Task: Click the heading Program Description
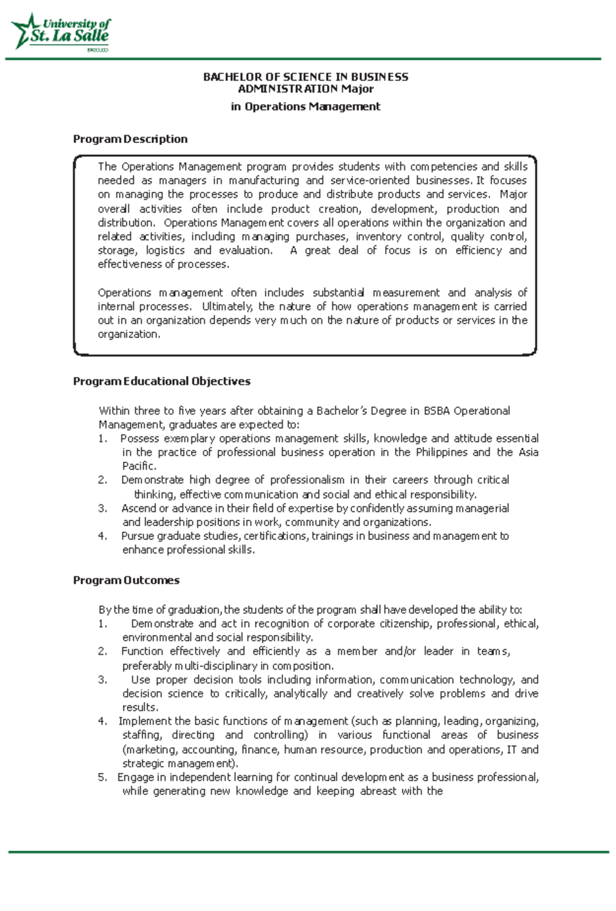click(x=130, y=139)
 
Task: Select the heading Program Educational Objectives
click(x=161, y=381)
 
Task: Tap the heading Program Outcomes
click(x=126, y=580)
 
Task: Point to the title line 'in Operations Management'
click(x=305, y=107)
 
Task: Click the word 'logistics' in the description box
click(x=165, y=250)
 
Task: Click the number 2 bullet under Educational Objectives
click(x=102, y=480)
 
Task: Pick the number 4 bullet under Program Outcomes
click(x=102, y=721)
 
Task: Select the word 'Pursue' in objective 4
click(x=137, y=536)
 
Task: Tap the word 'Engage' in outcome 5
click(x=134, y=777)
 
